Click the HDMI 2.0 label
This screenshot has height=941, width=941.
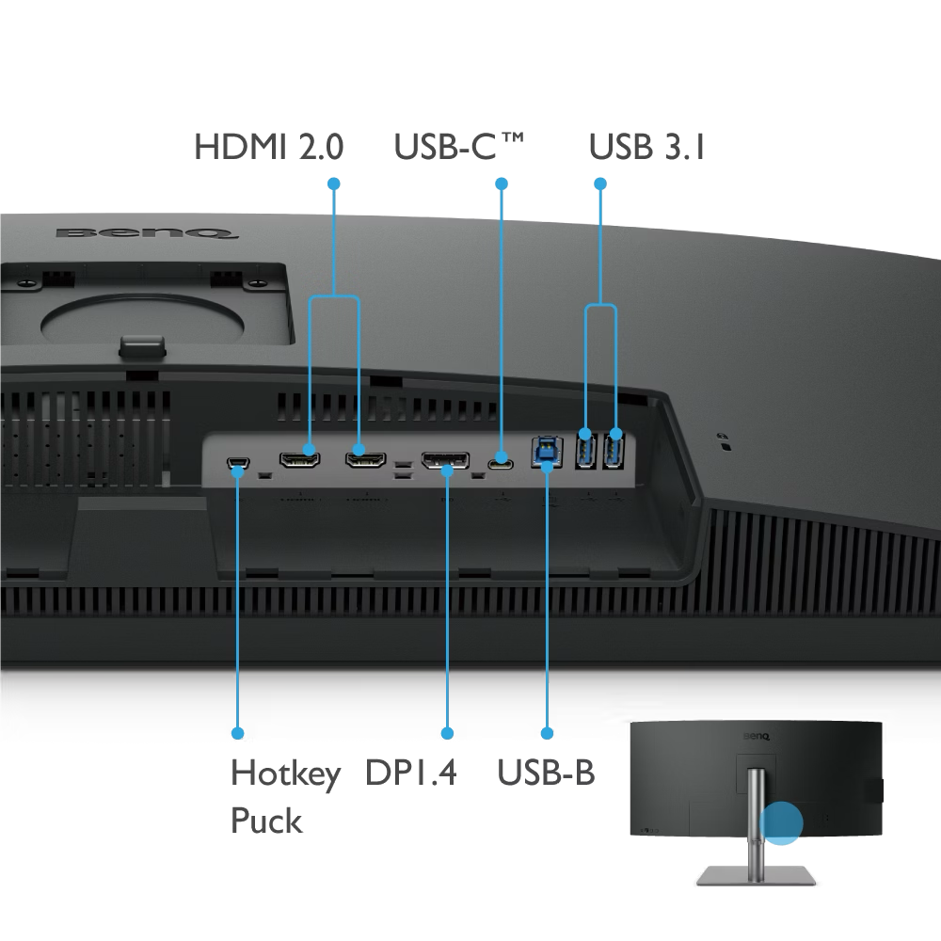pos(269,147)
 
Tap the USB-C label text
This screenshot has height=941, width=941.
pos(459,147)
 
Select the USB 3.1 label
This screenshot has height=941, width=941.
pos(647,147)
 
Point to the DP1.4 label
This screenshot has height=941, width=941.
pos(411,773)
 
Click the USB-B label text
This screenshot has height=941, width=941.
pos(546,773)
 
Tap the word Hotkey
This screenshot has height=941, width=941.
pos(286,774)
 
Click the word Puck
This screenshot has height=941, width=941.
pos(266,821)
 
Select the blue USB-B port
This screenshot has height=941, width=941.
pos(547,454)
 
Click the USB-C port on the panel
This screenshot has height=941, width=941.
pos(501,463)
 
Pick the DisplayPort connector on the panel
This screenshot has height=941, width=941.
pos(445,460)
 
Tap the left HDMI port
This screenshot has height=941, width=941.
pos(299,460)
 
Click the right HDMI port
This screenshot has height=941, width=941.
pos(365,460)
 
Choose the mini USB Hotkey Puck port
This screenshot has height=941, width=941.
pos(238,463)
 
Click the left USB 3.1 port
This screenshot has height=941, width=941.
pos(585,450)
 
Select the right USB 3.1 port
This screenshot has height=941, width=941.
pos(614,450)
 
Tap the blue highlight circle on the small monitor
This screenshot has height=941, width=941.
pos(781,822)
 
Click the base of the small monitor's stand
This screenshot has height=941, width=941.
pos(757,875)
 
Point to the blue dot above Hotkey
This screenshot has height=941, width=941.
pos(238,733)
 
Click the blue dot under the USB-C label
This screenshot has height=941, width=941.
pos(502,183)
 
